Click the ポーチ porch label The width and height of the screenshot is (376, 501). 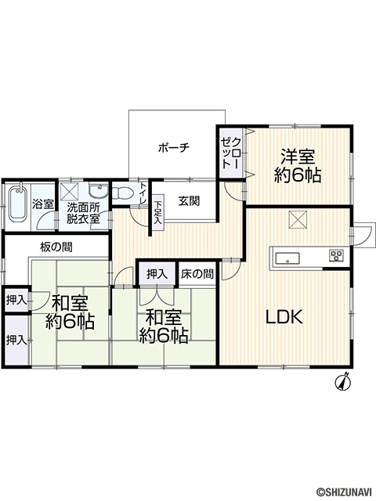pos(174,148)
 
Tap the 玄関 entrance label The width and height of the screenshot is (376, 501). pos(189,201)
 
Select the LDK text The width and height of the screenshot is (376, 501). pos(284,317)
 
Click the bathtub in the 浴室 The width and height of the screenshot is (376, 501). pos(18,204)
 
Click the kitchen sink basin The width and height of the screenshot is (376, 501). pos(287,258)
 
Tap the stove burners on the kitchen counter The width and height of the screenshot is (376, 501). pos(336,254)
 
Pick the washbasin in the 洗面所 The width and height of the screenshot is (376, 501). pos(99,190)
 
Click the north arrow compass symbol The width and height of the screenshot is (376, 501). pos(343,381)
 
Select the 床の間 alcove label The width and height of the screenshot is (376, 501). pos(197,274)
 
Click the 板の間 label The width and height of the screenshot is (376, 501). pos(56,247)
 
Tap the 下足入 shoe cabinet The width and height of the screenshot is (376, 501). pos(157,212)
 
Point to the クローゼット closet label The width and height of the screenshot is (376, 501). pos(230,153)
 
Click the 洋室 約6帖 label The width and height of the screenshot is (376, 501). pos(298,165)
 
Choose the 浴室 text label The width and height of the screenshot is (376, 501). pos(43,204)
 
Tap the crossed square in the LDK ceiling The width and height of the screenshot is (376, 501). pos(297,219)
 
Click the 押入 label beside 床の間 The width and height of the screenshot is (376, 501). pos(157,274)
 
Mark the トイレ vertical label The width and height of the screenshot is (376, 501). pos(143,193)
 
